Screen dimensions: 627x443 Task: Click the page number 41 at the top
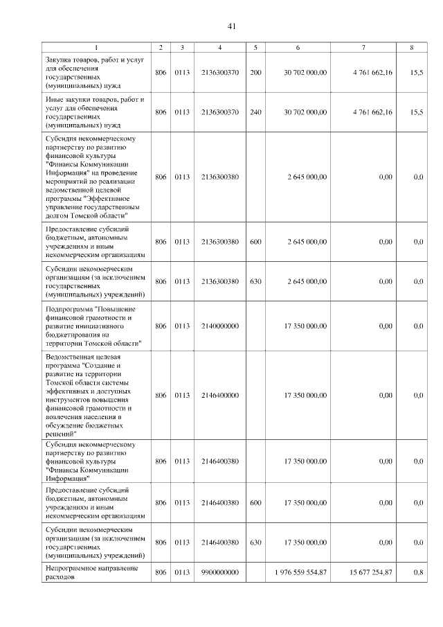click(232, 26)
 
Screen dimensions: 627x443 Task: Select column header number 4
click(219, 47)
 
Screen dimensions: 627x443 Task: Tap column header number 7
click(363, 47)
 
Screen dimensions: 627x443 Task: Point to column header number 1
click(96, 47)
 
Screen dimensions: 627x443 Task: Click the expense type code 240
click(255, 112)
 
